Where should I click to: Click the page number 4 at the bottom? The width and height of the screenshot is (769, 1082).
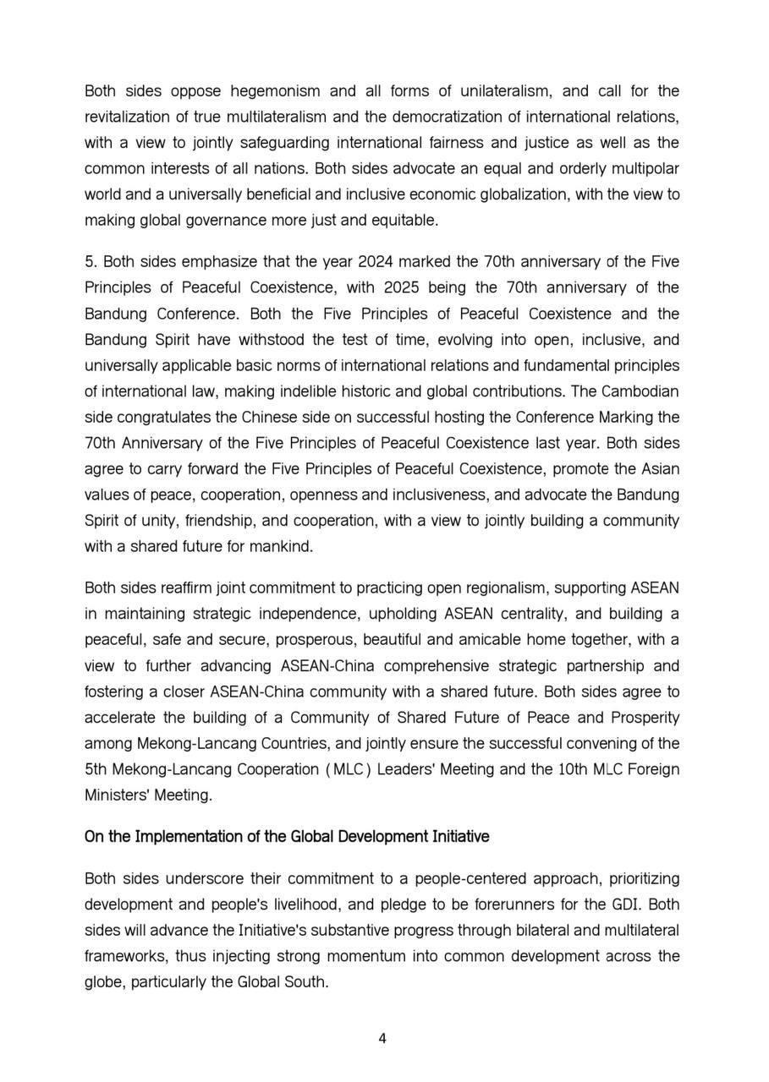point(383,1039)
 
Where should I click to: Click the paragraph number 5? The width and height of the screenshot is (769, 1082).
point(89,261)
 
